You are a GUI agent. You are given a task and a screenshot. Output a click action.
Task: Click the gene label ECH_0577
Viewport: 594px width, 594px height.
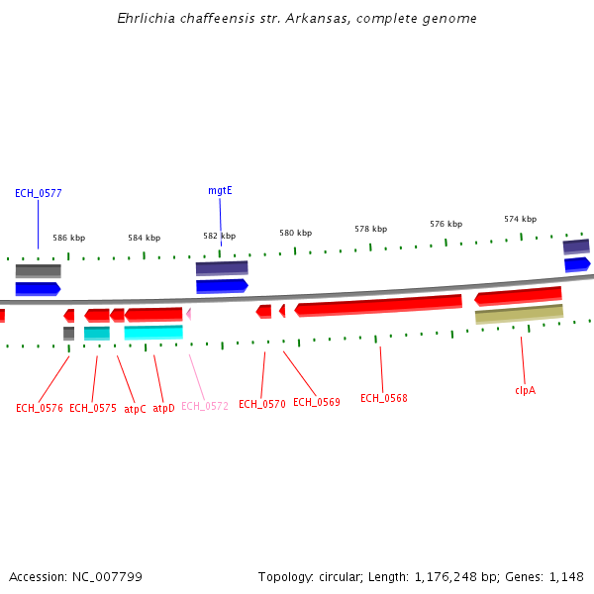[x=39, y=193]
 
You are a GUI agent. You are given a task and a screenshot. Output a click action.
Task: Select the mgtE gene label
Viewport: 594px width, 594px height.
[x=220, y=190]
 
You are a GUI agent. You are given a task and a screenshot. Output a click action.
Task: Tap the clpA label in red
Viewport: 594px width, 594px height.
[x=525, y=390]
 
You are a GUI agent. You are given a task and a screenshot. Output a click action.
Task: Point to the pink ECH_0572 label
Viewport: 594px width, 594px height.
[x=205, y=406]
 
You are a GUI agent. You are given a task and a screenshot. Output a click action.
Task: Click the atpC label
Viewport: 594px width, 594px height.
[x=135, y=408]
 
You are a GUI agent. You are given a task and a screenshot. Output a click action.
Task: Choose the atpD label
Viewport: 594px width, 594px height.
[x=163, y=408]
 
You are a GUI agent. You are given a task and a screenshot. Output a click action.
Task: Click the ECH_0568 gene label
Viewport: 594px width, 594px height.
[x=383, y=398]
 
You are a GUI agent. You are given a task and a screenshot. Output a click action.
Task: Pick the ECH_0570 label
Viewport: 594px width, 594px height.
[x=261, y=404]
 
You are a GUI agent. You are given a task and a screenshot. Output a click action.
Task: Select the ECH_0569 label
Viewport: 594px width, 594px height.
[x=316, y=402]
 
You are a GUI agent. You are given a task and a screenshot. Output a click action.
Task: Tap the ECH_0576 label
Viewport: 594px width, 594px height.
[x=40, y=408]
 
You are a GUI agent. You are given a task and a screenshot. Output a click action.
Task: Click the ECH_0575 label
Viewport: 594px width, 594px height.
[x=93, y=408]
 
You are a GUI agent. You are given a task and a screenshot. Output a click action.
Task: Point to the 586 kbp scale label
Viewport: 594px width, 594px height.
[x=69, y=238]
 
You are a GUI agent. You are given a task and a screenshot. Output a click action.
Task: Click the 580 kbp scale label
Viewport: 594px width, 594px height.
[x=295, y=233]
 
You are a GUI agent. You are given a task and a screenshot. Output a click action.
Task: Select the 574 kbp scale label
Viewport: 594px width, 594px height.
[x=520, y=219]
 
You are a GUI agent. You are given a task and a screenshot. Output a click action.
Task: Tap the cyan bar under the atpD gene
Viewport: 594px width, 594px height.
[x=153, y=333]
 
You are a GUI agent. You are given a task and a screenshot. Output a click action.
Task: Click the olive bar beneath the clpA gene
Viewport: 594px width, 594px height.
[x=519, y=314]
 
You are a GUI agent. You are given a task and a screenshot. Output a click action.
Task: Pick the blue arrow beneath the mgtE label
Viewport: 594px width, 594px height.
[x=222, y=286]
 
